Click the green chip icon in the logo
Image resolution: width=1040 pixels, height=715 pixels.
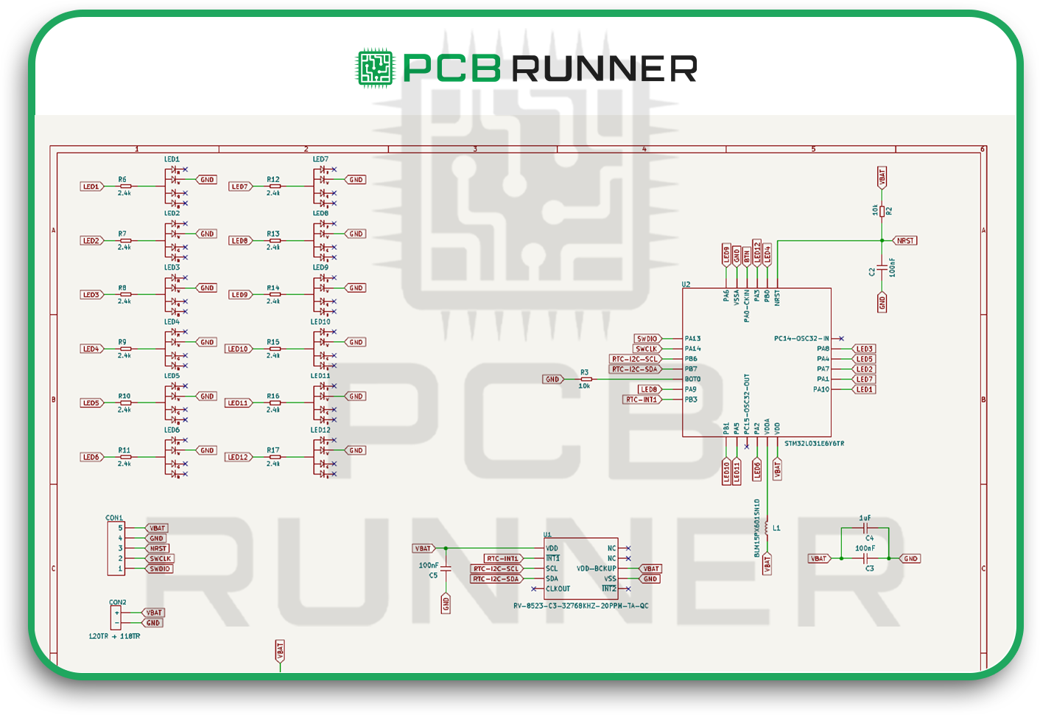[x=376, y=69]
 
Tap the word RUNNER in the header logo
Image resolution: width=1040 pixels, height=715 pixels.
[x=604, y=69]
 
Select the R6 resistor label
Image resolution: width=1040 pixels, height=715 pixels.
[x=122, y=179]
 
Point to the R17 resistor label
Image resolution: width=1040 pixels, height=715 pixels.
[x=273, y=450]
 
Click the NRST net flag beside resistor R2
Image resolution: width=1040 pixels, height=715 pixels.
[x=905, y=240]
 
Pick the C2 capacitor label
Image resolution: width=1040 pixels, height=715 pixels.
[x=872, y=271]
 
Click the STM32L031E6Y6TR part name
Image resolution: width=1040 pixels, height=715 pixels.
[x=814, y=444]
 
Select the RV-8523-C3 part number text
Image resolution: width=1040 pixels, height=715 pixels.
[x=580, y=606]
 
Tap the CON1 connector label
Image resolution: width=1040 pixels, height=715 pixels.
[x=114, y=518]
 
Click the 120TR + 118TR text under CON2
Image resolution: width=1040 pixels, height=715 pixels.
[x=114, y=636]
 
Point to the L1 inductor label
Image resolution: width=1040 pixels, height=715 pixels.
[x=776, y=528]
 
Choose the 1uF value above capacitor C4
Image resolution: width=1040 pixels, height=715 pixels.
[x=865, y=518]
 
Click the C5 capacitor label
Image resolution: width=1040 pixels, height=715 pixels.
[x=433, y=575]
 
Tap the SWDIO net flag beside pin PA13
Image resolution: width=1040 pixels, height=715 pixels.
[x=647, y=339]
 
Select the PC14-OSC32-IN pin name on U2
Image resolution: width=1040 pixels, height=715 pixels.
[x=801, y=339]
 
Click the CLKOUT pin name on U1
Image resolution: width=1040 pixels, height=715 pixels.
[x=558, y=589]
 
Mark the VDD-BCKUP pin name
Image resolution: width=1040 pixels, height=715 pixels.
[x=596, y=569]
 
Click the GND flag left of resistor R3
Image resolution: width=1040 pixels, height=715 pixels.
[x=552, y=380]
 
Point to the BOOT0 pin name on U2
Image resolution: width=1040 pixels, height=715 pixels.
[x=692, y=380]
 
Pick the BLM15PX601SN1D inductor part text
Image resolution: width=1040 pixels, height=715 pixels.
[x=756, y=528]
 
